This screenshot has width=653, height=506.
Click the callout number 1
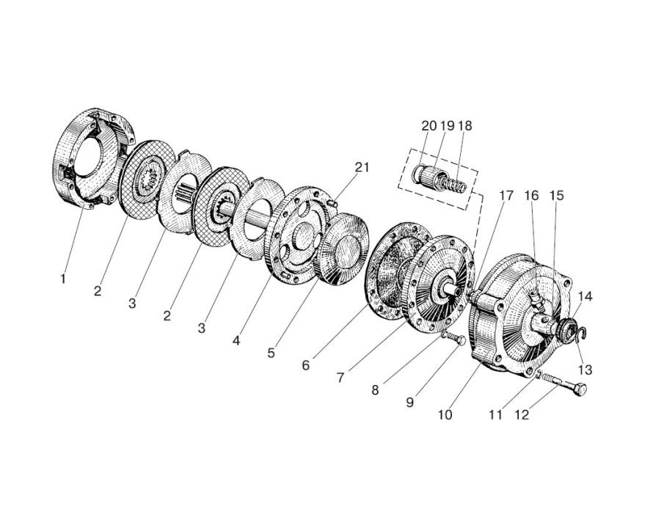[63, 279]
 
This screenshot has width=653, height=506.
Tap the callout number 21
[362, 167]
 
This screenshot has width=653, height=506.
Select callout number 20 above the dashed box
[429, 125]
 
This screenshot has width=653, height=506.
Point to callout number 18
[464, 125]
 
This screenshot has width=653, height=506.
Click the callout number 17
[506, 195]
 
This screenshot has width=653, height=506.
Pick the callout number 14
[585, 296]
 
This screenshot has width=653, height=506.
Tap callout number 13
[585, 370]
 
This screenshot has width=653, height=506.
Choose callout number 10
[445, 414]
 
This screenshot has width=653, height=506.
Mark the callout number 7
[340, 378]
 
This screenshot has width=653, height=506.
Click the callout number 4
[236, 341]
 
